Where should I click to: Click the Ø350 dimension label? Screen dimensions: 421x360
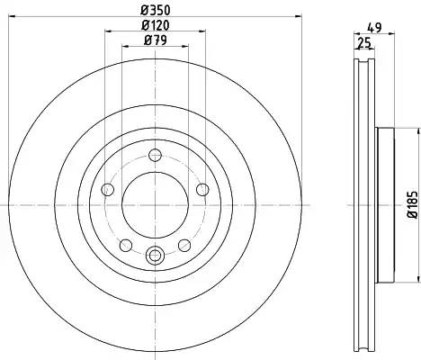tap(156, 11)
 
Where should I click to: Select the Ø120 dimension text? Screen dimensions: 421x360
tap(156, 25)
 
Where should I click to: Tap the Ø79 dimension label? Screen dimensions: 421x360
tap(156, 40)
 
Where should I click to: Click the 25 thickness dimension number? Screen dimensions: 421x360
tap(364, 43)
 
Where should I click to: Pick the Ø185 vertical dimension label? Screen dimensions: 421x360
tap(412, 204)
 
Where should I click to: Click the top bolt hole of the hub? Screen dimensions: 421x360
tap(155, 156)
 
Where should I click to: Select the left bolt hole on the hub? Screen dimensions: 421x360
tap(108, 190)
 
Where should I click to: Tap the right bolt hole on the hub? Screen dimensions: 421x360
tap(202, 190)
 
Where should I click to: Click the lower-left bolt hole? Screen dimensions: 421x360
tap(126, 246)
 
